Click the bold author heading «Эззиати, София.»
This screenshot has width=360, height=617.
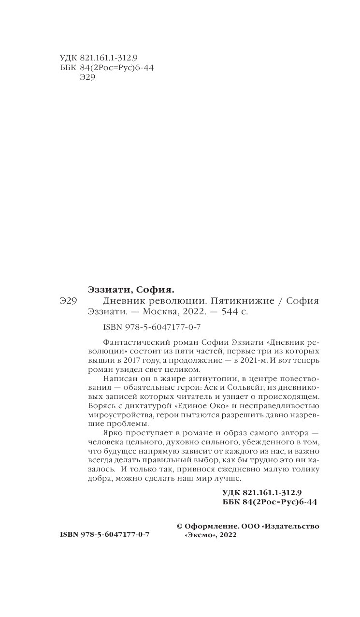131,290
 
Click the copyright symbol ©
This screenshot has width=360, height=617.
181,526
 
